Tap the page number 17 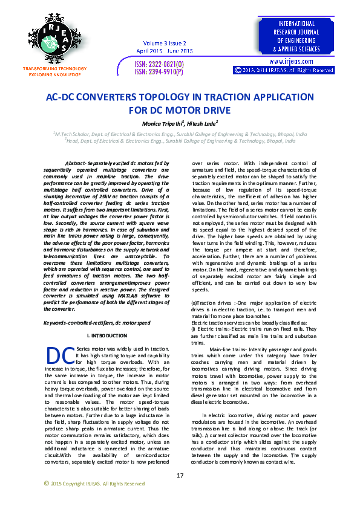click(180, 476)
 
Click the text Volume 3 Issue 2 click(164, 44)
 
